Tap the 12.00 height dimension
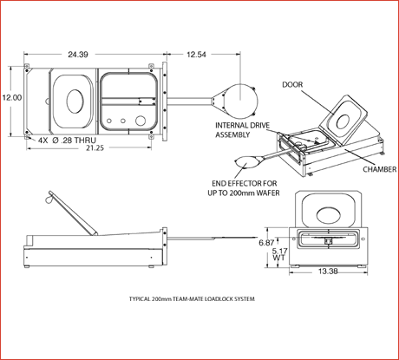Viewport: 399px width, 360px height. pos(10,98)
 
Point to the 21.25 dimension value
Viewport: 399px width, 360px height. pos(95,147)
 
